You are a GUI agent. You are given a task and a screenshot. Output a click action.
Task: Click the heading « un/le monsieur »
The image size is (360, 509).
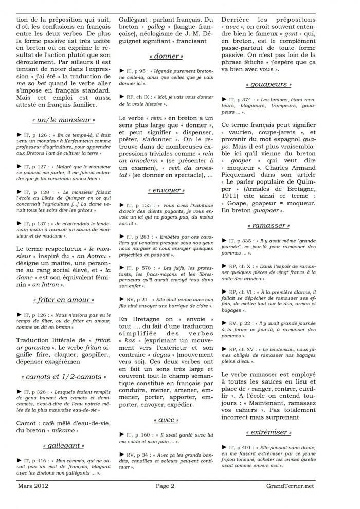pos(63,120)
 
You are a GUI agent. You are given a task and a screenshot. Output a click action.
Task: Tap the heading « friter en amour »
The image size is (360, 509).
pos(63,299)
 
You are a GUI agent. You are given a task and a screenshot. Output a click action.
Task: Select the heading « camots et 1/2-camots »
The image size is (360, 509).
pos(63,377)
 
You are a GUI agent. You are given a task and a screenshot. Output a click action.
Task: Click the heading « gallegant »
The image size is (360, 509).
pos(63,445)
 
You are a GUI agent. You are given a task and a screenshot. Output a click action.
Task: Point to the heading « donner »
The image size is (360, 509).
pos(166,56)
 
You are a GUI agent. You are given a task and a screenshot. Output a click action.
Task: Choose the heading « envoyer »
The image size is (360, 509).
pos(166,190)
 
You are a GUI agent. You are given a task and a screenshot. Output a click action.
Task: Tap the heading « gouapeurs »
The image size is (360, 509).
pos(268,84)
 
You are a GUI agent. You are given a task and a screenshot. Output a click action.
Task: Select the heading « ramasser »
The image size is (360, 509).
pos(268,226)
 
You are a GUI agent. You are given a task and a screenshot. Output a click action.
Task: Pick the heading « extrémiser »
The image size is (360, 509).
pos(268,432)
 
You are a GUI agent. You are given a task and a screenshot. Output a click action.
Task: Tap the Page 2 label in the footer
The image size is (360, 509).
pos(166,486)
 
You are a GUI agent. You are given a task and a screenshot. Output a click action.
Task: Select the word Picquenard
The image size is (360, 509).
pos(245,189)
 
